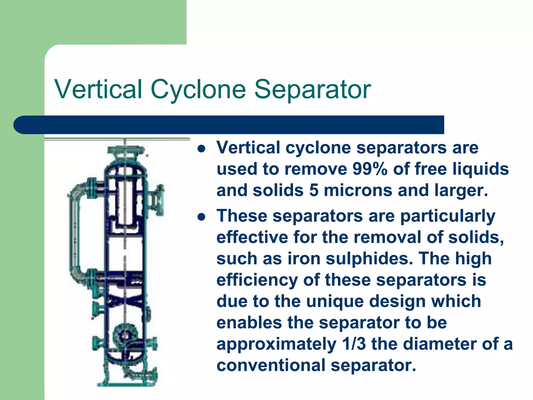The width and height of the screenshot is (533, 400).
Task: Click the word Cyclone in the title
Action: point(198,89)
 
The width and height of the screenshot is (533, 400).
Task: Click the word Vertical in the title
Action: point(98,89)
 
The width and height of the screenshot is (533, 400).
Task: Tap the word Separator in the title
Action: point(312,89)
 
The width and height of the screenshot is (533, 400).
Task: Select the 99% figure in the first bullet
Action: point(370,169)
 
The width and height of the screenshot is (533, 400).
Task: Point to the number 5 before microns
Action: point(314,190)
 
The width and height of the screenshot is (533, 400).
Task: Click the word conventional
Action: point(271,365)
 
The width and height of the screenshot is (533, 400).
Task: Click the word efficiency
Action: point(257,280)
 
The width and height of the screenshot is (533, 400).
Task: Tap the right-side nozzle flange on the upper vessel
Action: point(159,200)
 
